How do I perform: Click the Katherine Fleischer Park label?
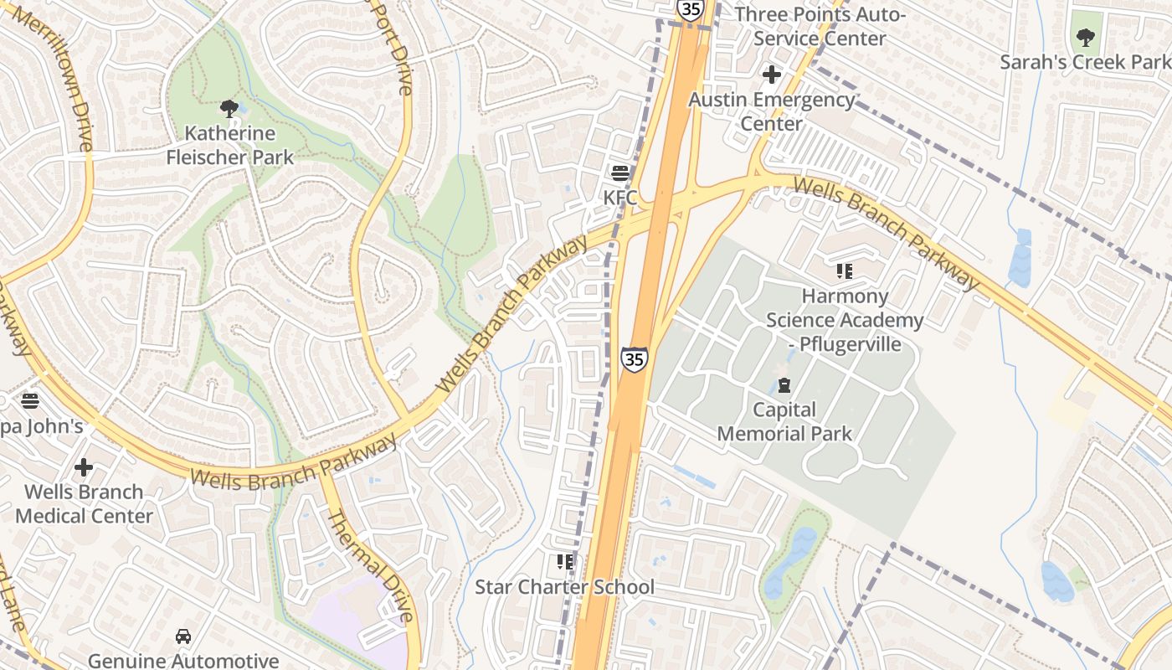click(x=229, y=145)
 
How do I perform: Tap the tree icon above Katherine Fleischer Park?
click(x=229, y=108)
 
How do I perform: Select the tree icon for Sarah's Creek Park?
click(x=1085, y=38)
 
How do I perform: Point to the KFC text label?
click(x=620, y=198)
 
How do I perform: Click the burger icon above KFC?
click(x=620, y=173)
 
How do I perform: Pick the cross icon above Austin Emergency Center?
click(x=771, y=75)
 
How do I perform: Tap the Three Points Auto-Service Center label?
click(x=820, y=27)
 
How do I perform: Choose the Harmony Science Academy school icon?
click(x=844, y=271)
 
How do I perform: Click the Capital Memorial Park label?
click(x=784, y=421)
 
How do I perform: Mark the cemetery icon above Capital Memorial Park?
click(x=784, y=385)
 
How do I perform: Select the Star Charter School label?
click(x=564, y=587)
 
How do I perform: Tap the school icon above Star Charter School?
click(x=565, y=561)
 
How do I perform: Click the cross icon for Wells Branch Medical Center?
click(x=84, y=466)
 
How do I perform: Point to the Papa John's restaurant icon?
click(x=30, y=401)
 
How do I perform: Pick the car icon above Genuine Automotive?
click(x=183, y=636)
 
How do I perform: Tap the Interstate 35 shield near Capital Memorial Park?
click(x=634, y=359)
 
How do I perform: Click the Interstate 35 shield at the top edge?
click(x=690, y=8)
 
